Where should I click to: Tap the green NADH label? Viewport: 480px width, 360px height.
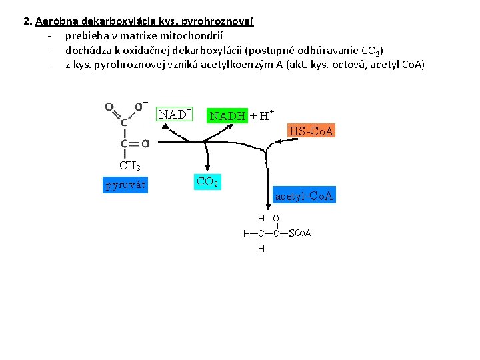click(x=228, y=115)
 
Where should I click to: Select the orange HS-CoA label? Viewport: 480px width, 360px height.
click(x=311, y=131)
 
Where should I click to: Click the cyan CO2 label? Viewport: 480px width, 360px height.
click(x=207, y=181)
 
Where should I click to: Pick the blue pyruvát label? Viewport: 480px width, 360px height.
click(x=125, y=185)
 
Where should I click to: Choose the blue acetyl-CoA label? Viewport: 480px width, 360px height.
click(x=305, y=196)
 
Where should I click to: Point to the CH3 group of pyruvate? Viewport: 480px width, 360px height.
click(x=129, y=165)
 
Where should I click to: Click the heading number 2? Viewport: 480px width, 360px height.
click(x=27, y=21)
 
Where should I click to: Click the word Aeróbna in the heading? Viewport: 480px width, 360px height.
click(x=56, y=21)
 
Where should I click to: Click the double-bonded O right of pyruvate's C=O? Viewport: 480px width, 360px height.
click(x=145, y=143)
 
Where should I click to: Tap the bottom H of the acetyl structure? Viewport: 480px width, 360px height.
click(x=261, y=249)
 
